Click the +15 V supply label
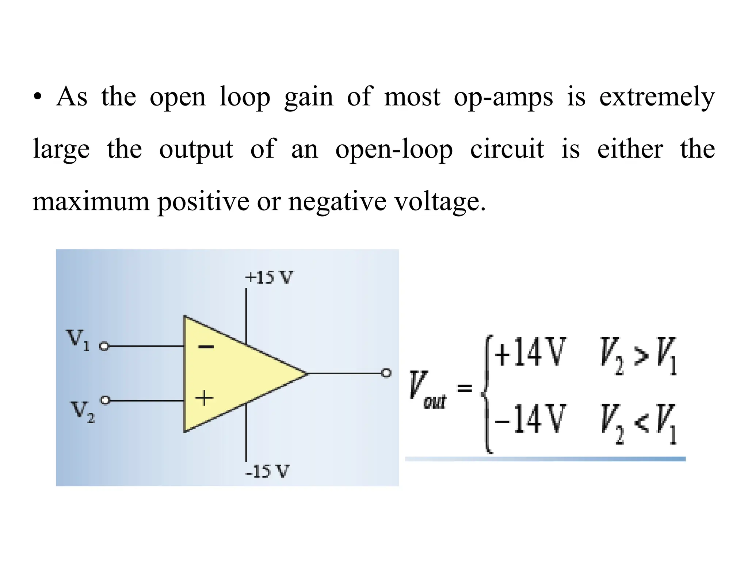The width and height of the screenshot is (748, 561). tap(269, 278)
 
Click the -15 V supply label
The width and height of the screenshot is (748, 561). tap(267, 471)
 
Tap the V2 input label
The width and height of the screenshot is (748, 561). tap(83, 411)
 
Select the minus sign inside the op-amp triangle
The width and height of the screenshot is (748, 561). tap(206, 347)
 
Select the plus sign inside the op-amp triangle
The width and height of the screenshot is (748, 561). tap(204, 398)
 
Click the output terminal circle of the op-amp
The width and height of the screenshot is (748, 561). tap(386, 373)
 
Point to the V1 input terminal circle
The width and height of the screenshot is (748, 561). tap(104, 346)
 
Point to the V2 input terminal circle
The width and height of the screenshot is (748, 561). tap(105, 400)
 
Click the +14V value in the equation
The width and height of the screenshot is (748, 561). tap(530, 352)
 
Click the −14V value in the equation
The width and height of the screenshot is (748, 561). tap(530, 419)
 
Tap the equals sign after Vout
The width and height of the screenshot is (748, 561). tap(465, 388)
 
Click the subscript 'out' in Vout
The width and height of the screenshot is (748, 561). tap(435, 402)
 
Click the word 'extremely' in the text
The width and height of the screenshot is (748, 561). tap(657, 97)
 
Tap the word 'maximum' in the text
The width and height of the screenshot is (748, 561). tap(91, 201)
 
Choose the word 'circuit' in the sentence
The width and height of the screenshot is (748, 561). tap(507, 149)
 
